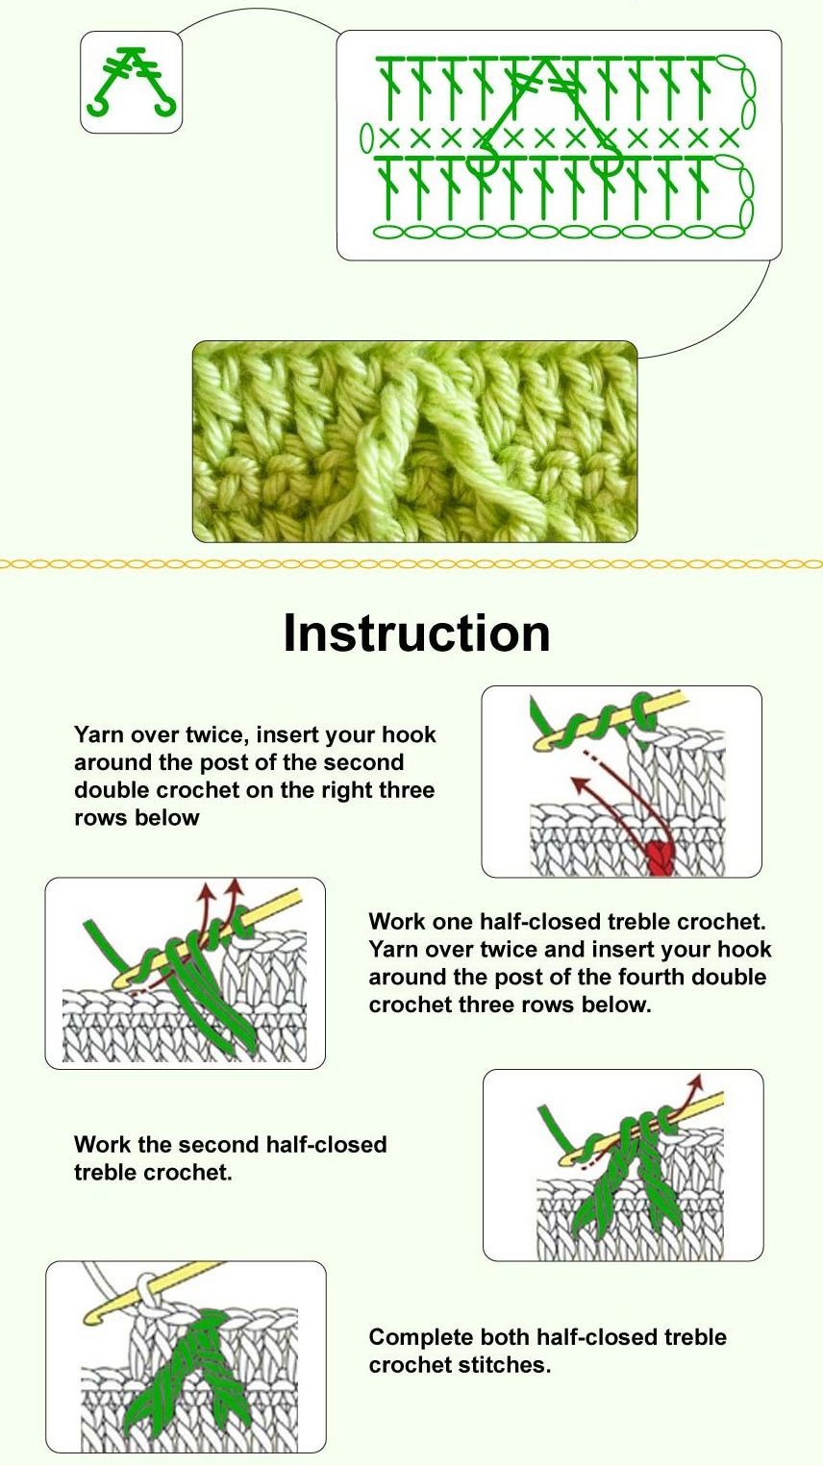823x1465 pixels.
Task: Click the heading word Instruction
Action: pyautogui.click(x=416, y=633)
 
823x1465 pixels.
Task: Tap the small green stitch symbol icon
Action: pyautogui.click(x=132, y=83)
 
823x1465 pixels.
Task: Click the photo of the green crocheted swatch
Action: pyautogui.click(x=414, y=441)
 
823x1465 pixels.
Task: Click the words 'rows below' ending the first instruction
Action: pyautogui.click(x=137, y=817)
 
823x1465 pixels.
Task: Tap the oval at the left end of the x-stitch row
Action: pyautogui.click(x=367, y=137)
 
